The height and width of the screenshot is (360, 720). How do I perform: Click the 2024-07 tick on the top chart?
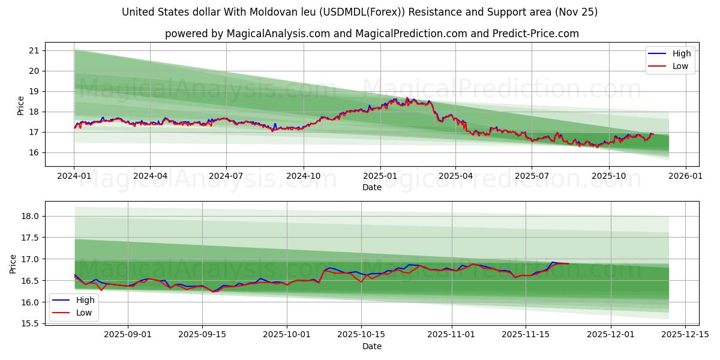click(226, 176)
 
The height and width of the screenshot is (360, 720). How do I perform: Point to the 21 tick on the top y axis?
click(34, 50)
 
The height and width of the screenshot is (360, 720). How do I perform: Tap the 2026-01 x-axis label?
click(685, 176)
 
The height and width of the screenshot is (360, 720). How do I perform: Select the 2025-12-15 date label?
click(685, 334)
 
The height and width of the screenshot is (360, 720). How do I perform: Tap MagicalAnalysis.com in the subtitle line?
click(278, 34)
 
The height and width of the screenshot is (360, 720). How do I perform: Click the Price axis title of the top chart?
click(21, 106)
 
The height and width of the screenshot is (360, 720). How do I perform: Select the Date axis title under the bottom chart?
click(372, 346)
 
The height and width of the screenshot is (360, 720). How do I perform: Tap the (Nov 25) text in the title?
click(577, 12)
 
